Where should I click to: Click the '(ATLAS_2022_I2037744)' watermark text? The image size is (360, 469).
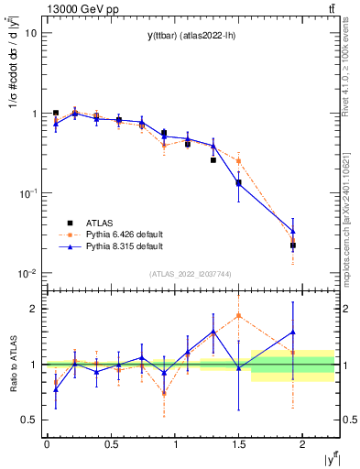point(191,274)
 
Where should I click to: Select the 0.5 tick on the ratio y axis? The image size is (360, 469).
point(28,420)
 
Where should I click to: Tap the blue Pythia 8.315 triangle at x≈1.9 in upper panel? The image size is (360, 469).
point(293,232)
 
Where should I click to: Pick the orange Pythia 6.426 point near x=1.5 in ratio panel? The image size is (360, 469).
point(238,315)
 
